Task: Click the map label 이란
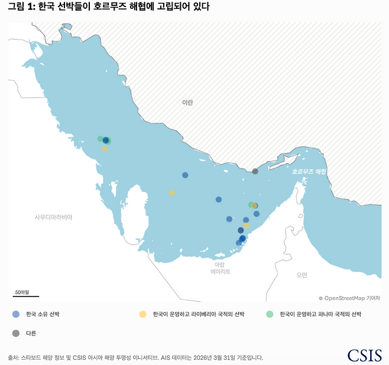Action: pyautogui.click(x=187, y=103)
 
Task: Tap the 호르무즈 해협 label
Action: pyautogui.click(x=309, y=171)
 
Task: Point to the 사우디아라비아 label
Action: pyautogui.click(x=53, y=217)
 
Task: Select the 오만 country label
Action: pyautogui.click(x=302, y=275)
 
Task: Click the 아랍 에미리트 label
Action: pyautogui.click(x=220, y=268)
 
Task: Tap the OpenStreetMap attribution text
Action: pyautogui.click(x=349, y=299)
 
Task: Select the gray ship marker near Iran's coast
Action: pyautogui.click(x=255, y=171)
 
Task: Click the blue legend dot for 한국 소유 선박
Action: pyautogui.click(x=15, y=314)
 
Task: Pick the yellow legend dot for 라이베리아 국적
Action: pyautogui.click(x=142, y=314)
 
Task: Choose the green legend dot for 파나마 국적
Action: pyautogui.click(x=270, y=314)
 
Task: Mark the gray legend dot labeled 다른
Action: pyautogui.click(x=15, y=333)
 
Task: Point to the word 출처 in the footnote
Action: pyautogui.click(x=13, y=357)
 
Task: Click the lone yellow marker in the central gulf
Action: pyautogui.click(x=171, y=193)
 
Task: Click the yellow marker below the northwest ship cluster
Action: pyautogui.click(x=105, y=149)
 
